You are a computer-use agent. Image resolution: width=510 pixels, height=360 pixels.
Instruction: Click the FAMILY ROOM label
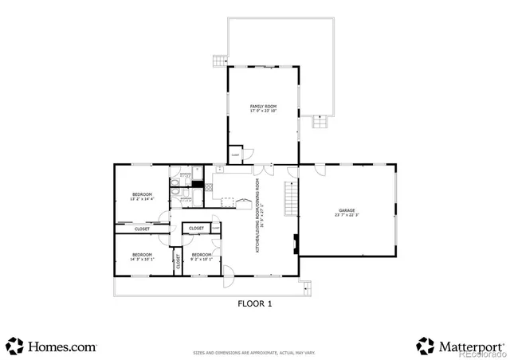[x=263, y=106]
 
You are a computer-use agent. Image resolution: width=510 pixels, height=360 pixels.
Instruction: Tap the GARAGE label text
[x=346, y=210]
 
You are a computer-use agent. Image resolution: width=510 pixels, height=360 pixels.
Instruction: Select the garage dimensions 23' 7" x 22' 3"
[x=346, y=216]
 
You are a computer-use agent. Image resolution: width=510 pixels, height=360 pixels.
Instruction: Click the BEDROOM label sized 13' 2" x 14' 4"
[x=142, y=194]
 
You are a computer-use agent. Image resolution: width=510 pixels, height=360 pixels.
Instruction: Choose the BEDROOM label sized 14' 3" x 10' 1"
[x=142, y=254]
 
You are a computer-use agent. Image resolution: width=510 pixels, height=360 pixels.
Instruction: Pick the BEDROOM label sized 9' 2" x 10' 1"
[x=201, y=254]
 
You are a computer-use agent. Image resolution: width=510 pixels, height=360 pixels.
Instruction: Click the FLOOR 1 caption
[x=255, y=303]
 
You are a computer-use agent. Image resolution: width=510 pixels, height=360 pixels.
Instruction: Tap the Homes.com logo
[x=52, y=346]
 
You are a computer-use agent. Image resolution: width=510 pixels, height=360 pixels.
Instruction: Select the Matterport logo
[x=460, y=346]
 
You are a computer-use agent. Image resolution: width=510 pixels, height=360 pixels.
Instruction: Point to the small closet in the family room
[x=236, y=154]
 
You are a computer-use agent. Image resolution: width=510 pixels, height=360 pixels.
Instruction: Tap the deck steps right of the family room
[x=320, y=122]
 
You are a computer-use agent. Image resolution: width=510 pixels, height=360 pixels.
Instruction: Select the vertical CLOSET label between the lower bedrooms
[x=178, y=260]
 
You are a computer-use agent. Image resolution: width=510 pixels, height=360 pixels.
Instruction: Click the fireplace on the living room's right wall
[x=296, y=244]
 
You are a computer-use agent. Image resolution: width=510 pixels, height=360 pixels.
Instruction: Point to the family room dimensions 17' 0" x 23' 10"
[x=263, y=111]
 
